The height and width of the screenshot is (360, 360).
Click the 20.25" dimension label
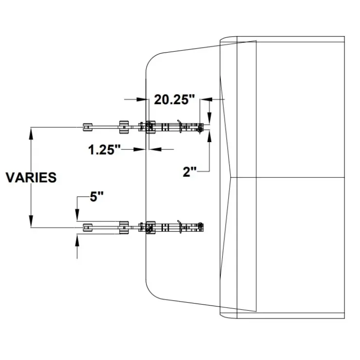click(174, 100)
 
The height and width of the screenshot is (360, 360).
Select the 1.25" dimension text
click(105, 150)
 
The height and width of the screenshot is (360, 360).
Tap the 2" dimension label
click(190, 172)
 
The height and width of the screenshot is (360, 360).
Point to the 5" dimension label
click(96, 197)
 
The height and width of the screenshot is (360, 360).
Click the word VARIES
click(31, 178)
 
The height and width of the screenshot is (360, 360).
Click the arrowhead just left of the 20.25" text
click(143, 99)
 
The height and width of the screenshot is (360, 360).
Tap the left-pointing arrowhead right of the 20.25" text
click(206, 99)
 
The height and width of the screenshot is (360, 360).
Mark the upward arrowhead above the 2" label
click(209, 136)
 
